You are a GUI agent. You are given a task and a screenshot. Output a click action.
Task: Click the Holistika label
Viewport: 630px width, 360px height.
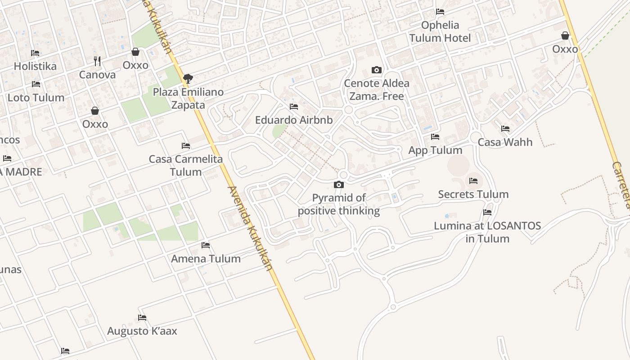click(x=35, y=67)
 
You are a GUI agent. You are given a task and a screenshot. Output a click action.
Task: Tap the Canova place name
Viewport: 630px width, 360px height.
click(x=97, y=75)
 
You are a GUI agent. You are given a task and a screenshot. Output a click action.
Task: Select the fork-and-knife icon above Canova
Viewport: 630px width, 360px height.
click(x=97, y=61)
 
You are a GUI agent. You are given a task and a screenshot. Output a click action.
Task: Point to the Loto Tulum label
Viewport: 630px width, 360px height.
click(x=36, y=98)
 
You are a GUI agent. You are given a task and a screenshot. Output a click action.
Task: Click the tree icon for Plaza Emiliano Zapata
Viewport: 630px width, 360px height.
click(x=188, y=79)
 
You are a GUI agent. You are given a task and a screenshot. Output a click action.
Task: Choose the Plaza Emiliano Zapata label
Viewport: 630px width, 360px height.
click(x=188, y=99)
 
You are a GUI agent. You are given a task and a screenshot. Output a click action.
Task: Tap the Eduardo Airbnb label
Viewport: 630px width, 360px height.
click(x=294, y=120)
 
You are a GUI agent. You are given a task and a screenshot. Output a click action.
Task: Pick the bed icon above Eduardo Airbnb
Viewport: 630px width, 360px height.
click(x=294, y=107)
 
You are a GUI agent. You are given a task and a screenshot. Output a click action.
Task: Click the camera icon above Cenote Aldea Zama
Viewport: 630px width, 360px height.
click(x=377, y=70)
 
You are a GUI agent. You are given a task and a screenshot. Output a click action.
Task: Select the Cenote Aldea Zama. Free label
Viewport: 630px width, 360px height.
click(x=377, y=90)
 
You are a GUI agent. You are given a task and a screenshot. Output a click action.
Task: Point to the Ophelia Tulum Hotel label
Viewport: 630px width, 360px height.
click(x=440, y=31)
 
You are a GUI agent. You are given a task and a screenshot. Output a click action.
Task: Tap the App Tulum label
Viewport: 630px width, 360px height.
click(x=435, y=150)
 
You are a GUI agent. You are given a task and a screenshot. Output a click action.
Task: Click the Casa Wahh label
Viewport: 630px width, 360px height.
click(x=505, y=142)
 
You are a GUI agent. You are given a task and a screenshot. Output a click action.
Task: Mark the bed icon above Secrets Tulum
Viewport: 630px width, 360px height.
click(x=473, y=181)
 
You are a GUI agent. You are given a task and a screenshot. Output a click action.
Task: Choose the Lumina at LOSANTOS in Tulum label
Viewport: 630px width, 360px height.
click(x=487, y=232)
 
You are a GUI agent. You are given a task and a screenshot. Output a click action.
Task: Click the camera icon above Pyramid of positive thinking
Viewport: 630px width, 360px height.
click(x=339, y=184)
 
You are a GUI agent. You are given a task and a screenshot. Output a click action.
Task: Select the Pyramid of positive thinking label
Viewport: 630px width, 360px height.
click(x=339, y=204)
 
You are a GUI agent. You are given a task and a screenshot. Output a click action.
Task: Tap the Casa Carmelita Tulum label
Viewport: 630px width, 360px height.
click(x=186, y=166)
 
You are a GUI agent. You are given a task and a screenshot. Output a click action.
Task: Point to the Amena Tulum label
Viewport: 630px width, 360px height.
click(x=206, y=259)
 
